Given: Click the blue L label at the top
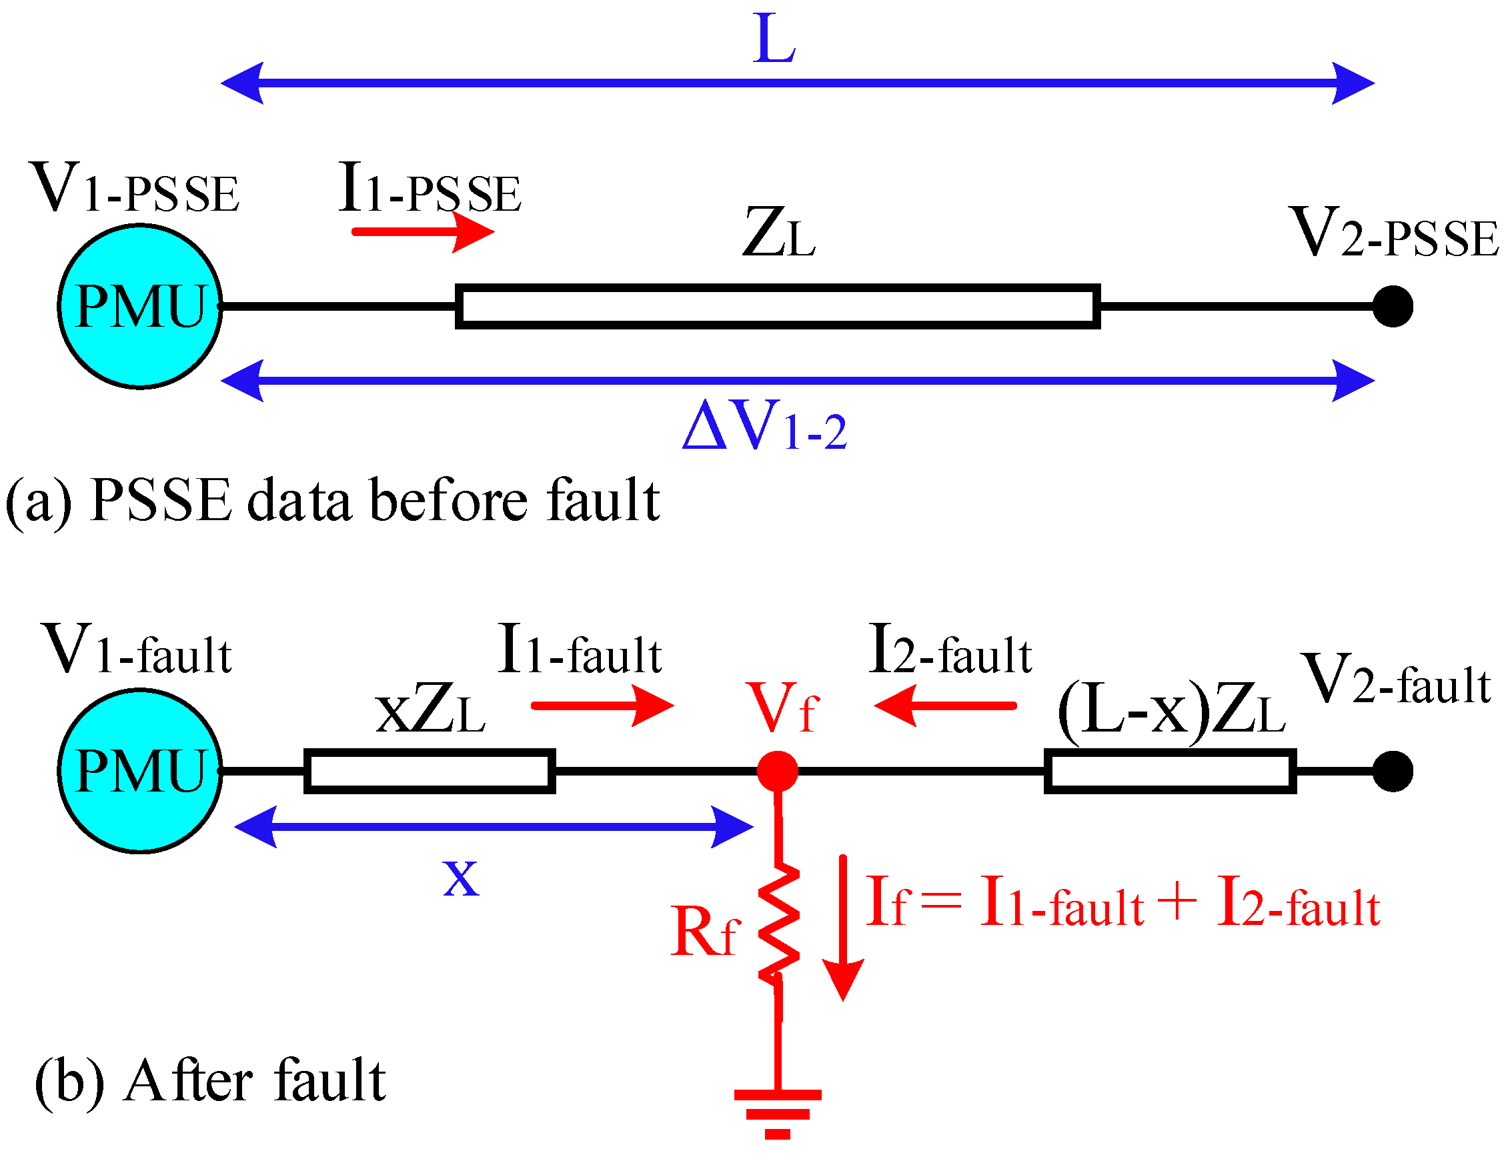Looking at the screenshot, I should tap(774, 40).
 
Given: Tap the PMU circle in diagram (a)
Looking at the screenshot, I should tap(140, 306).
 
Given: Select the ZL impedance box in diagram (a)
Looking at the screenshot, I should tap(778, 306).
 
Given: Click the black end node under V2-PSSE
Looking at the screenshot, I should tap(1393, 306).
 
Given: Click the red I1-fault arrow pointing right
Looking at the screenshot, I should tap(601, 706).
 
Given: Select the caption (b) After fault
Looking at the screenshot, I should tap(211, 1082).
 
